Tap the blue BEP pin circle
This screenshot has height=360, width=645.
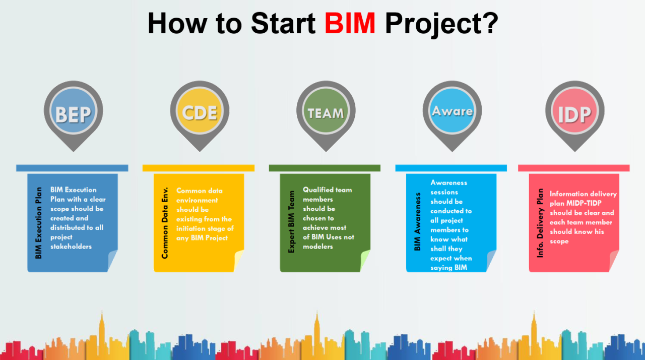click(74, 114)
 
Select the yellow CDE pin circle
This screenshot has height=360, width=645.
click(200, 113)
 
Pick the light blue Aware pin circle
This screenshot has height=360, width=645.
click(452, 111)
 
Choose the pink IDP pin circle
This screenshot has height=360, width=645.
click(574, 114)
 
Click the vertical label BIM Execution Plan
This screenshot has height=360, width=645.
click(39, 223)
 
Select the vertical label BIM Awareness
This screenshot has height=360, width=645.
click(417, 222)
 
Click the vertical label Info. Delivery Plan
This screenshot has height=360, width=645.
click(540, 223)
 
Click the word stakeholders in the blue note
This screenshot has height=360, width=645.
click(71, 247)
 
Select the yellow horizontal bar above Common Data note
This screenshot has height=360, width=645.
click(198, 168)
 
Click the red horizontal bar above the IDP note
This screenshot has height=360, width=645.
click(573, 168)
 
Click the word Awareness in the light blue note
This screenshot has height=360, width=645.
click(449, 183)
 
